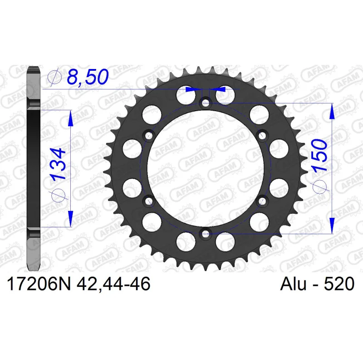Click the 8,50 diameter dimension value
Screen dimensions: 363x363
click(88, 77)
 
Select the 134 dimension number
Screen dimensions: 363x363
click(59, 164)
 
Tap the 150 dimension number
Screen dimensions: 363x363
click(320, 155)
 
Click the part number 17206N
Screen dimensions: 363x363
click(39, 284)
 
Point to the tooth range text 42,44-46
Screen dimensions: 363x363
click(113, 284)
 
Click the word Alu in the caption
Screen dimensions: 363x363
click(293, 284)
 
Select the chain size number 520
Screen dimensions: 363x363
click(339, 284)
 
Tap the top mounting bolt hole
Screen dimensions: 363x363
click(206, 103)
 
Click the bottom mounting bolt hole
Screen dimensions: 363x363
click(206, 233)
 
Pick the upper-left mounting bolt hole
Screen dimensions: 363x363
click(149, 135)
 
